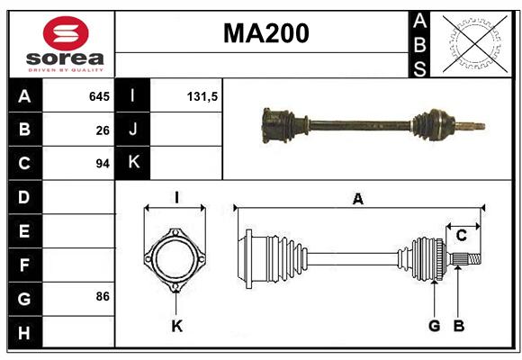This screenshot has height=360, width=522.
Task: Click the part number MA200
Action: tap(266, 33)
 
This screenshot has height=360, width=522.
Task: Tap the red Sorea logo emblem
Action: tap(66, 33)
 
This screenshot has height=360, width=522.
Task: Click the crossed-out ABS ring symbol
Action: tap(475, 43)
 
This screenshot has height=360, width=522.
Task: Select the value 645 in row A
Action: tap(99, 96)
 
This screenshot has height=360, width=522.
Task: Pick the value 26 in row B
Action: tap(103, 130)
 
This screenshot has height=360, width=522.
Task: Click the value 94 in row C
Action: tap(103, 164)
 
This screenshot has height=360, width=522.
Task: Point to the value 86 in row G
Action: tap(103, 296)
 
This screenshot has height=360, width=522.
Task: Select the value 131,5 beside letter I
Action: tap(202, 96)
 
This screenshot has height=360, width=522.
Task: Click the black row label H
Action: tap(25, 332)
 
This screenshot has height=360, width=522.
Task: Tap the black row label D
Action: tap(25, 197)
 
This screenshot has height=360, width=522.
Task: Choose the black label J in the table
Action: tap(132, 129)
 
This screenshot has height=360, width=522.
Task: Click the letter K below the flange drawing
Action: tap(176, 326)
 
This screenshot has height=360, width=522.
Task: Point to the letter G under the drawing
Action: tap(434, 326)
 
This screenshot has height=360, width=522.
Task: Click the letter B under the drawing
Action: tap(459, 326)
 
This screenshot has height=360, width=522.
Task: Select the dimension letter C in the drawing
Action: tap(462, 236)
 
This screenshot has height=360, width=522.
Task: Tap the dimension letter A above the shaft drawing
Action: tap(358, 199)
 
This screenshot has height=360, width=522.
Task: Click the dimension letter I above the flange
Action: tap(176, 197)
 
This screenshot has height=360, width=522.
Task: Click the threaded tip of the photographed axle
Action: tap(477, 127)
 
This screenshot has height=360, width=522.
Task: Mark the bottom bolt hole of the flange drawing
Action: tap(175, 287)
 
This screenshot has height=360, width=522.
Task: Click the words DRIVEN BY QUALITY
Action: tap(66, 70)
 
